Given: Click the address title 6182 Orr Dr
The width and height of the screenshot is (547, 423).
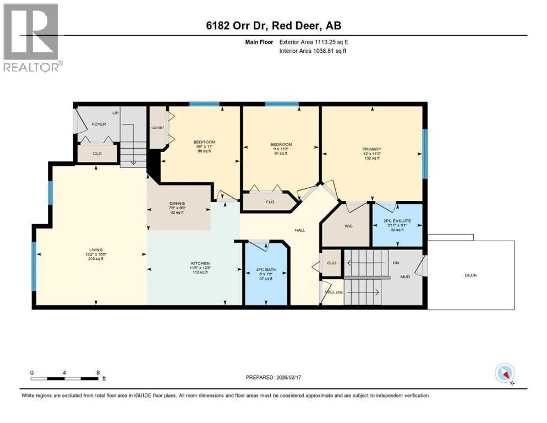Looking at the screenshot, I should pos(273,26).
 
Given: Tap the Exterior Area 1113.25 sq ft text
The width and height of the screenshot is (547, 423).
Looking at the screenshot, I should pos(313,42).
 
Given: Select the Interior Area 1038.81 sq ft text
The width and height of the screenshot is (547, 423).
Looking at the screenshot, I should pos(313,51).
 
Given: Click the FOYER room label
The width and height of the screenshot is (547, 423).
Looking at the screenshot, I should pos(99,124).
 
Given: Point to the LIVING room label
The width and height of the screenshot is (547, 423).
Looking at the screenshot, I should pos(96,250).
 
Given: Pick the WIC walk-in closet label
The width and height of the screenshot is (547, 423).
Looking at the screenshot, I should pos(349,226).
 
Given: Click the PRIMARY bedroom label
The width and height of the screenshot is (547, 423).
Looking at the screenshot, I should pos(371,149).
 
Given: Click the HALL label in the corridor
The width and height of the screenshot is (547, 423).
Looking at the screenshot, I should pos(299,230).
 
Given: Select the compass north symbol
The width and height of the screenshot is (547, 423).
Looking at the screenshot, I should pos(504,373).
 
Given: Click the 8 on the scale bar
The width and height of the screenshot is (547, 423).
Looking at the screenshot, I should pos(98,372).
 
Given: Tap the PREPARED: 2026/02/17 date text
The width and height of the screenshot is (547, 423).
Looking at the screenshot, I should pos(275,378).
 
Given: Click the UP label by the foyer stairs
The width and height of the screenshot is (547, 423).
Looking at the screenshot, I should pos(116,113).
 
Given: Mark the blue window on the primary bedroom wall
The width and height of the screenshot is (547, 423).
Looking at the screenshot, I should pos(424,154).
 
